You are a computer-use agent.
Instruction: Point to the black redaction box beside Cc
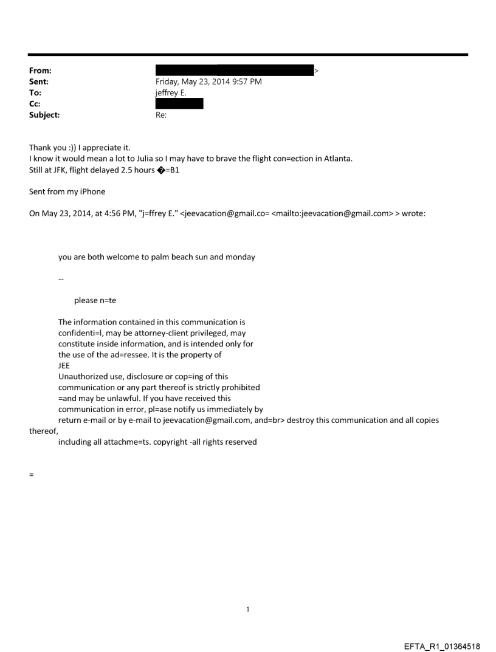179,103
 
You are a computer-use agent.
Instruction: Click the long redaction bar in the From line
235,70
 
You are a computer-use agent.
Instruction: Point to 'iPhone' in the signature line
91,192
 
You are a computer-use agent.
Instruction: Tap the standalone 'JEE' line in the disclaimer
64,366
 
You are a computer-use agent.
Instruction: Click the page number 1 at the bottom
248,609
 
